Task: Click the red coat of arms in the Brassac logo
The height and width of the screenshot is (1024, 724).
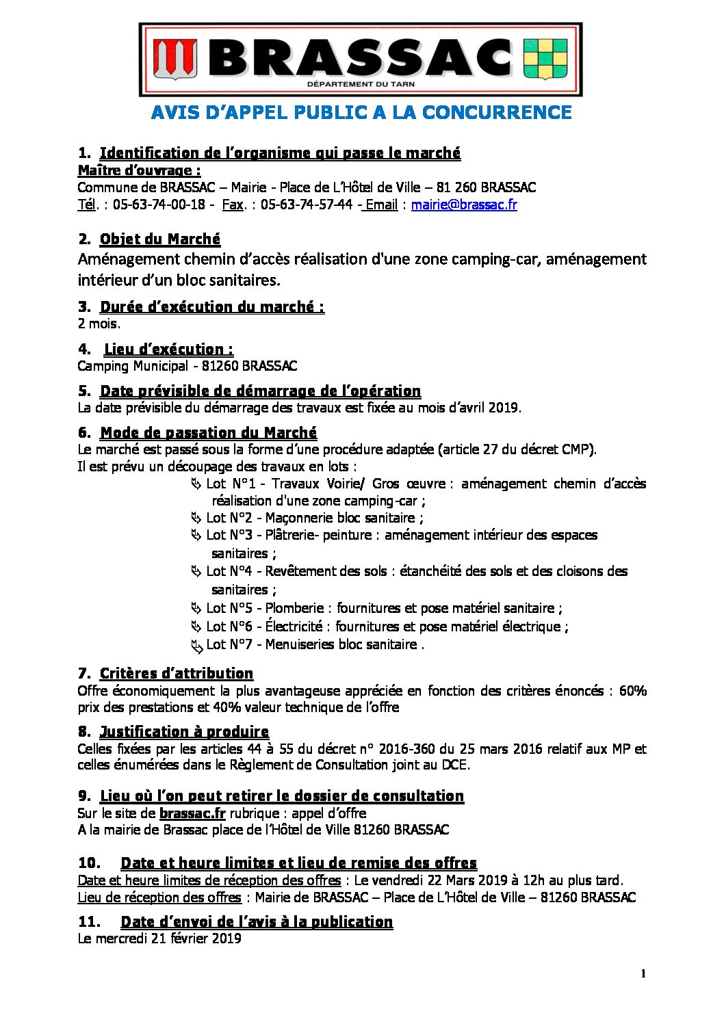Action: [174, 59]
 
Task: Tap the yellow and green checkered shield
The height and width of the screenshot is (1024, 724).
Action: [545, 59]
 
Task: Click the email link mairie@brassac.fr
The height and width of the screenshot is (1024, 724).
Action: [464, 205]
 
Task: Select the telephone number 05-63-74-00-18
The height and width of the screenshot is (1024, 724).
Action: [159, 205]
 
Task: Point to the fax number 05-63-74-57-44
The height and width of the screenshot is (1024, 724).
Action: [307, 205]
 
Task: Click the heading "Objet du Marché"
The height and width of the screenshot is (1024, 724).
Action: [160, 239]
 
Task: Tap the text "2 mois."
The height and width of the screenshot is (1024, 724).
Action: [99, 324]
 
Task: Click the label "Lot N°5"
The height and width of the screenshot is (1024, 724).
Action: [229, 608]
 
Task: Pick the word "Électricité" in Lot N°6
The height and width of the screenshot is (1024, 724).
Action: [294, 626]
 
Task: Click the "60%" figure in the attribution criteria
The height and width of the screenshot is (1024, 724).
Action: [632, 690]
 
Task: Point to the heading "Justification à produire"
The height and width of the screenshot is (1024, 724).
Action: [184, 731]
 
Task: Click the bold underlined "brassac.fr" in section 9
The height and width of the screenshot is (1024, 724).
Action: [192, 813]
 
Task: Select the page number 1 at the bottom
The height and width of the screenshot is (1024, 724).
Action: [643, 974]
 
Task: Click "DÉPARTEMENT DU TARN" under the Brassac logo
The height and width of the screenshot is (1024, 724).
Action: [361, 84]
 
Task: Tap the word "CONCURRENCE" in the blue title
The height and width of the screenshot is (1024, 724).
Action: [497, 112]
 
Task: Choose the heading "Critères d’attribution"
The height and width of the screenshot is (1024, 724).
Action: [177, 673]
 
